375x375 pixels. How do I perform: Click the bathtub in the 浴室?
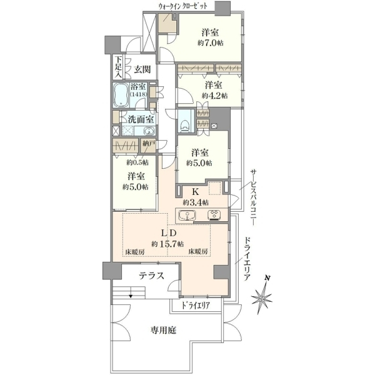point(121,95)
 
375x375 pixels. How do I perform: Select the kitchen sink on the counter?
point(187,215)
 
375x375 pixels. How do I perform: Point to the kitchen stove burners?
point(214,215)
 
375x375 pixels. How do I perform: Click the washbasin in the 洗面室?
point(149,131)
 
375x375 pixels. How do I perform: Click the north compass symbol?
point(262,296)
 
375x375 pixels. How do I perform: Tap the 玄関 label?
point(142,69)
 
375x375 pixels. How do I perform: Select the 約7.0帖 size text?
point(211,43)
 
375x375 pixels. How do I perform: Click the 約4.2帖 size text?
point(214,96)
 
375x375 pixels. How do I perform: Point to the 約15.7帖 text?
point(167,244)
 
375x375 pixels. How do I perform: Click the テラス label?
point(152,276)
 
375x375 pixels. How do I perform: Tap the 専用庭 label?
point(164,330)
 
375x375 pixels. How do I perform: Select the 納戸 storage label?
point(149,144)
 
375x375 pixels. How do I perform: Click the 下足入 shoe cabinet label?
point(117,67)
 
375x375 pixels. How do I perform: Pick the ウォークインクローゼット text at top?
point(183,6)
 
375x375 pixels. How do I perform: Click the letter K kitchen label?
point(196,192)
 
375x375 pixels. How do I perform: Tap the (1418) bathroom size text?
point(139,94)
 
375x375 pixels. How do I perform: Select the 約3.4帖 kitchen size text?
point(196,202)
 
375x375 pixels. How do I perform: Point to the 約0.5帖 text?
point(137,162)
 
